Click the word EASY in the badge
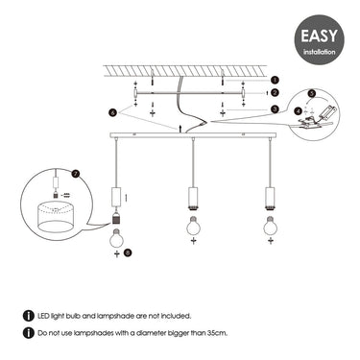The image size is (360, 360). pos(319,36)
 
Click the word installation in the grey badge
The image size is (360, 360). pos(320,52)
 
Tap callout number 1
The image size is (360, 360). pos(275,80)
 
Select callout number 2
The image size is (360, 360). pos(275,93)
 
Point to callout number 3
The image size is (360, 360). pos(275,109)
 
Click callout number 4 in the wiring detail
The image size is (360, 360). pos(299,111)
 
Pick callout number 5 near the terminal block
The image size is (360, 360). pos(312,93)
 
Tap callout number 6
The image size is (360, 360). pos(112,113)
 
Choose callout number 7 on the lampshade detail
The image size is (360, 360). pos(76,175)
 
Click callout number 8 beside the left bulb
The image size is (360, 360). pos(128,252)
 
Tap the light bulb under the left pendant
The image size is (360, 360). pos(117,237)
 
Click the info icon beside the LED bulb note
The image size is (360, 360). pos(29,316)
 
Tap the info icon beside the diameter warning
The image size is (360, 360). pos(29,333)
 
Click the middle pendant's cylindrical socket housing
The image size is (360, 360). pos(193,197)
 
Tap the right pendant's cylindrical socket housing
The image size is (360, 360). pos(271,197)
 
